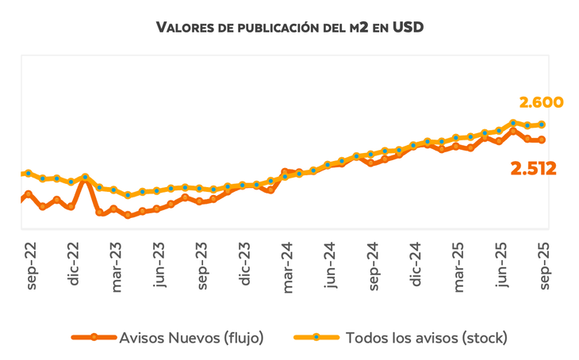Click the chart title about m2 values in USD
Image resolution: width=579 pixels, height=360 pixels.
[290, 29]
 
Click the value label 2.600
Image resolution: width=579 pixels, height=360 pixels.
[541, 102]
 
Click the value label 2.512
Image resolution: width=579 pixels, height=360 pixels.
[533, 168]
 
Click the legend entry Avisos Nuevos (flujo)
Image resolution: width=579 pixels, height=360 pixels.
[191, 337]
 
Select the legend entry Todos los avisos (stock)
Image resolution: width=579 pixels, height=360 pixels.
[426, 337]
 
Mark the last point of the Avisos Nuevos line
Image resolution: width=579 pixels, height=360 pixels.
[542, 140]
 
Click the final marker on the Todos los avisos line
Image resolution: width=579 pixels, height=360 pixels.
[542, 124]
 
